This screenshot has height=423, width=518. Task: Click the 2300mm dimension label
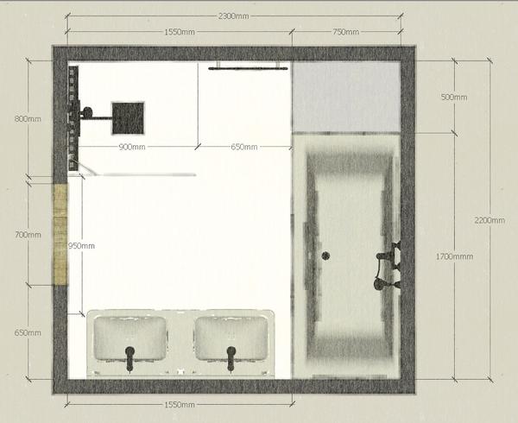click(x=233, y=16)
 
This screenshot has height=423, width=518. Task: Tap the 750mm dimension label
click(x=345, y=32)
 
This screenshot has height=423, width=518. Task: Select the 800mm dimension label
click(x=28, y=119)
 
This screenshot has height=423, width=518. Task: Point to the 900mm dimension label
click(x=132, y=147)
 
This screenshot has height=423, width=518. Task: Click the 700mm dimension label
click(x=28, y=235)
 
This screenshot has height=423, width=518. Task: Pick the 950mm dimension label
click(x=81, y=246)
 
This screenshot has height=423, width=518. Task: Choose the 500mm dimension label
click(x=454, y=97)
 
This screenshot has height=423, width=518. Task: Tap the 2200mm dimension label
click(x=490, y=220)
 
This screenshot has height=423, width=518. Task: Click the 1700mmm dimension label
click(x=454, y=256)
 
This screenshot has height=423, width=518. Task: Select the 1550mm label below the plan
click(x=180, y=405)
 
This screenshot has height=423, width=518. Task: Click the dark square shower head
click(x=128, y=118)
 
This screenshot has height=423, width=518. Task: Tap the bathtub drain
click(x=325, y=256)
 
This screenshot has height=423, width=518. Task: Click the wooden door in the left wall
click(x=60, y=235)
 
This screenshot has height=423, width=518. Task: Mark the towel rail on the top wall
click(x=248, y=68)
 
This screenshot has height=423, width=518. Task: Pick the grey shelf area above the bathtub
click(x=346, y=97)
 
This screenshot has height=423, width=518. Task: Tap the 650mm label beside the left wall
click(x=28, y=333)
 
